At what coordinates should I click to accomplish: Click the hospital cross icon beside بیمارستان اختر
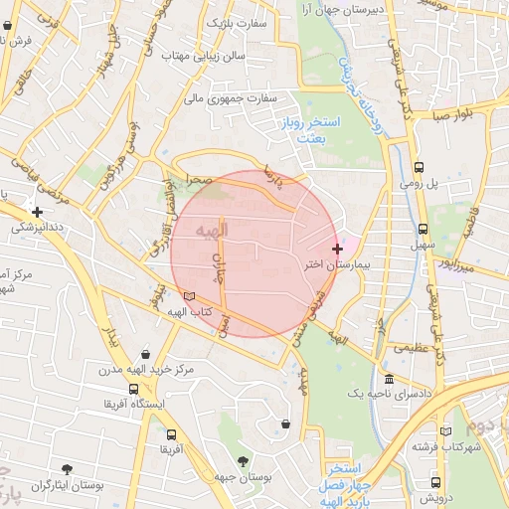point(338,248)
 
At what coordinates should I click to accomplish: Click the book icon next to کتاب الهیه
point(190,295)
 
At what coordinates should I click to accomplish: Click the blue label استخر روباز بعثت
point(318,131)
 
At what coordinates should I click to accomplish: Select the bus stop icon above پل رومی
point(419,167)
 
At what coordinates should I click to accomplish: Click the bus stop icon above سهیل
point(424,228)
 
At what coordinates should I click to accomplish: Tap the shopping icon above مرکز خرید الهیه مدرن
point(145,354)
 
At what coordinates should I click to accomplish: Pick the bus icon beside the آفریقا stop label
point(171,434)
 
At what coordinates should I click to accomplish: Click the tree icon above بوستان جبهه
point(243,460)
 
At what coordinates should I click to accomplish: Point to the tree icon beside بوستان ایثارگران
point(67,468)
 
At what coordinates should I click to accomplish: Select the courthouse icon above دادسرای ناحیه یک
point(389,380)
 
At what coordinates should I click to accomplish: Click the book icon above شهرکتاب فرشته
point(445,430)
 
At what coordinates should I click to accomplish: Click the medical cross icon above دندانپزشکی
point(37,212)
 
